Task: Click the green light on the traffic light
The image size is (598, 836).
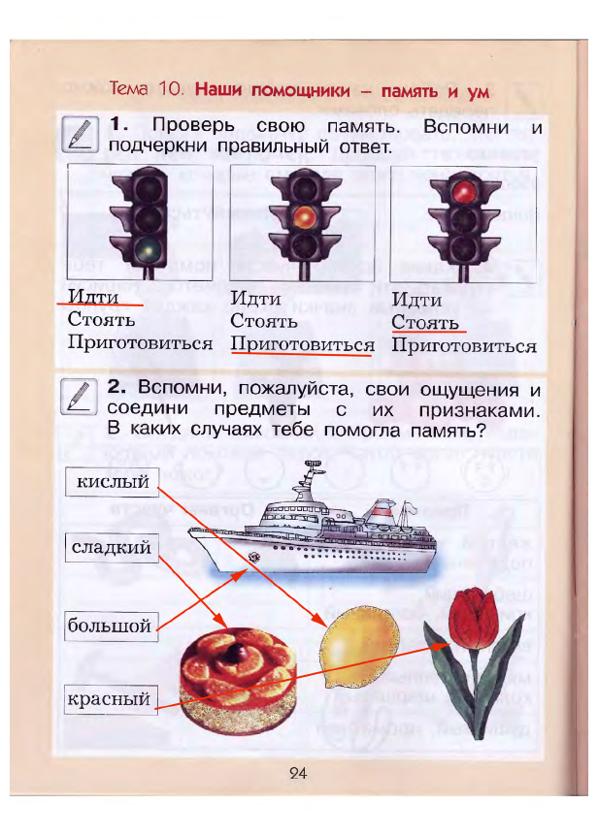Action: pyautogui.click(x=149, y=249)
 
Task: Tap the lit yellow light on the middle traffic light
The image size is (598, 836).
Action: pyautogui.click(x=304, y=215)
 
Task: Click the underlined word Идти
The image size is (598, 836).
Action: pyautogui.click(x=93, y=296)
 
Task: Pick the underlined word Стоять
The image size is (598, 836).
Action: pyautogui.click(x=424, y=322)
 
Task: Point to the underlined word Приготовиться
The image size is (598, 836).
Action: pyautogui.click(x=302, y=344)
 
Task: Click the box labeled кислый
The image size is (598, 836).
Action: pyautogui.click(x=112, y=481)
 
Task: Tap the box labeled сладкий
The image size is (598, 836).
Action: pyautogui.click(x=112, y=549)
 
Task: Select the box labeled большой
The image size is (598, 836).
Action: pyautogui.click(x=109, y=626)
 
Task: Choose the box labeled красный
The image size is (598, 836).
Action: pyautogui.click(x=111, y=698)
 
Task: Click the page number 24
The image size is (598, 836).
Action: pyautogui.click(x=297, y=773)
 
